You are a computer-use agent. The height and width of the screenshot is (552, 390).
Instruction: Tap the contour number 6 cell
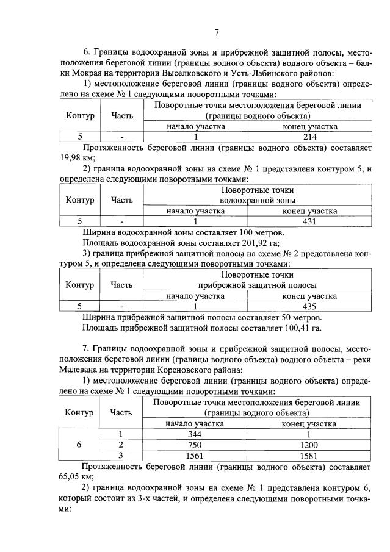point(79,445)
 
